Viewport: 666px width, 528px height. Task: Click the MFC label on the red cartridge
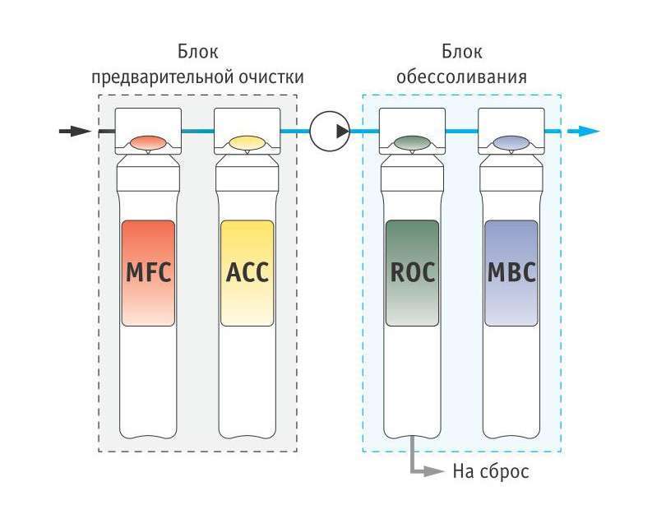point(148,272)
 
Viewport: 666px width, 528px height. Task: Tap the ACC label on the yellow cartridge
point(247,272)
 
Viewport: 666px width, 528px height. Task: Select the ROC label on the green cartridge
point(413,272)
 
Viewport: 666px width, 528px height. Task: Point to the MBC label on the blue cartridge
point(511,272)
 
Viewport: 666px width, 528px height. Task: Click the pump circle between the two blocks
point(330,131)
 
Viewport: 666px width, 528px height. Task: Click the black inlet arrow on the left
point(75,131)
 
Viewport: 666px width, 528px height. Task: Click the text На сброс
point(491,471)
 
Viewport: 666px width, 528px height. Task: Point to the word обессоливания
point(462,77)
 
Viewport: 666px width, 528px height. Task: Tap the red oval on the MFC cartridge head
point(148,143)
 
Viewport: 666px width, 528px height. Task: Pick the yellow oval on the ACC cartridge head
point(247,143)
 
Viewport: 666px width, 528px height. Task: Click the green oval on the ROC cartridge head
point(412,143)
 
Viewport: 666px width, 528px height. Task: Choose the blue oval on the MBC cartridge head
point(511,143)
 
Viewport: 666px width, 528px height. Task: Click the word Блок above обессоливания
point(462,52)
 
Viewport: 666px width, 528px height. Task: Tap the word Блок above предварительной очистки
point(198,52)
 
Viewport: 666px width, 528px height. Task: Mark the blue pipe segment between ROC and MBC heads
point(462,131)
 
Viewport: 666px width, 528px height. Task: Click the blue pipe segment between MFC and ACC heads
point(198,131)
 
